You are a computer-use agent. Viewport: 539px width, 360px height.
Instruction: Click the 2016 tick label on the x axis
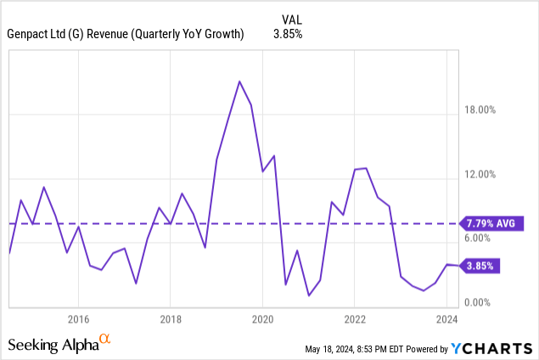[x=78, y=319]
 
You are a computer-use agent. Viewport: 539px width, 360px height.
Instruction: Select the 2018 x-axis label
[x=171, y=319]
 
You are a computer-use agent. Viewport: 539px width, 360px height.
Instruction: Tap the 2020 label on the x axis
[x=262, y=319]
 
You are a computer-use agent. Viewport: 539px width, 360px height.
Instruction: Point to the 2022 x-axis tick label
[x=355, y=319]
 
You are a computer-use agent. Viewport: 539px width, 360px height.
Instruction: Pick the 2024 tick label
[x=447, y=319]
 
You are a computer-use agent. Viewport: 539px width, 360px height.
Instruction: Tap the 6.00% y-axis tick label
[x=484, y=239]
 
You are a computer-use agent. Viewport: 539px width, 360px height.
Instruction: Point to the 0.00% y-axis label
[x=484, y=303]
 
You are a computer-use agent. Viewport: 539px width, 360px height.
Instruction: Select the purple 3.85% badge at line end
[x=480, y=266]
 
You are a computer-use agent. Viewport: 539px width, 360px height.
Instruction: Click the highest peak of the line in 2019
[x=239, y=82]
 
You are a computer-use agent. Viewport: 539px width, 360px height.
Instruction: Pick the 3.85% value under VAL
[x=289, y=35]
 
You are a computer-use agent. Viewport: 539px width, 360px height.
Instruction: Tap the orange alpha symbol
[x=105, y=340]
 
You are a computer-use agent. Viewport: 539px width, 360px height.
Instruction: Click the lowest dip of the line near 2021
[x=309, y=295]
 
